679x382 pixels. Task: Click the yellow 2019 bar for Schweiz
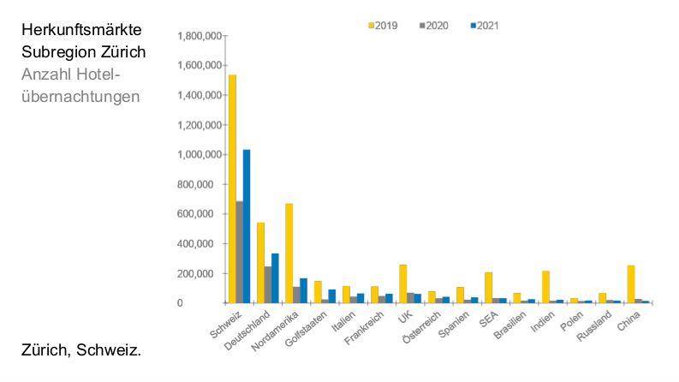point(232,188)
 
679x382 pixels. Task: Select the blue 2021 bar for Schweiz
point(247,226)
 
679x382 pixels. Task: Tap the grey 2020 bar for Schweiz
point(240,252)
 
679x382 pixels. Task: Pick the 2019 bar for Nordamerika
point(289,253)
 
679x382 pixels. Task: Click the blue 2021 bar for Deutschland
point(275,278)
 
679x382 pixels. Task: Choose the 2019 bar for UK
point(403,284)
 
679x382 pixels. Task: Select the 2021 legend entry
point(482,26)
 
